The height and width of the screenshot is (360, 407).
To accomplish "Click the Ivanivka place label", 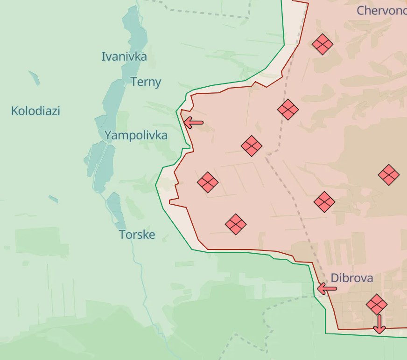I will click(124, 57).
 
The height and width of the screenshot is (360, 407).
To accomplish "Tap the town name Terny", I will click(146, 83).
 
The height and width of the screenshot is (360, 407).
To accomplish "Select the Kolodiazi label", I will click(35, 111).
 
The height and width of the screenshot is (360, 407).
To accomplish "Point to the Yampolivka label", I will click(135, 136).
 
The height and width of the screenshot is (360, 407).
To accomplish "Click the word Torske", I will click(137, 234).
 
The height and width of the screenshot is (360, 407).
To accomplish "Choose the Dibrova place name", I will click(352, 278).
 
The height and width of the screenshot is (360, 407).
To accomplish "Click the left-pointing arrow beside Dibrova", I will click(327, 289).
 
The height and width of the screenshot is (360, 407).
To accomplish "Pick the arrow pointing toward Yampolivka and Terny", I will click(193, 123).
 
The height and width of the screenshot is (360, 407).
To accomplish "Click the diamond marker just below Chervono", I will click(323, 45).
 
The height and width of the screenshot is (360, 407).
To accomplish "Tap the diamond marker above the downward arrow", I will click(377, 304).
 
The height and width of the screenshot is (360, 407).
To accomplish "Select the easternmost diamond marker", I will click(389, 175).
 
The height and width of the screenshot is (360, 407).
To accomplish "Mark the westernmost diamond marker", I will click(208, 182).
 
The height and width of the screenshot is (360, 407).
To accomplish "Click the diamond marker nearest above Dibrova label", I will click(324, 202).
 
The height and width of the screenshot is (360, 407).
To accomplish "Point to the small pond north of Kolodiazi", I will click(34, 77).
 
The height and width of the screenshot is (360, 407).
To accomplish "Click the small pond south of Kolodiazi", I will click(54, 199).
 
